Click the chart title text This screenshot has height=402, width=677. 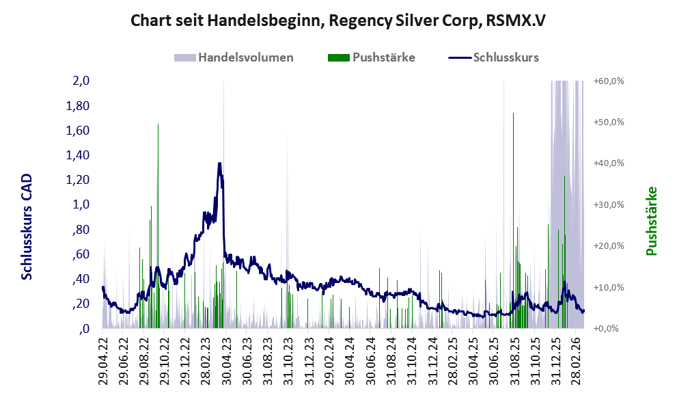pyautogui.click(x=338, y=20)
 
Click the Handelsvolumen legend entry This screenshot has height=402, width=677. pyautogui.click(x=234, y=57)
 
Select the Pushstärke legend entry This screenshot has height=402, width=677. pyautogui.click(x=372, y=57)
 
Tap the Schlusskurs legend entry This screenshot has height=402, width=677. pyautogui.click(x=493, y=57)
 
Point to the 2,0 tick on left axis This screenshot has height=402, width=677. pyautogui.click(x=81, y=81)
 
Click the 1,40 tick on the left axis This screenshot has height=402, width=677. pyautogui.click(x=77, y=155)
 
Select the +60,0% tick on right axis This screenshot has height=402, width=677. pyautogui.click(x=609, y=81)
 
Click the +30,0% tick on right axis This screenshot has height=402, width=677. pyautogui.click(x=609, y=204)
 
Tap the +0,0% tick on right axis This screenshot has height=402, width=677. pyautogui.click(x=606, y=329)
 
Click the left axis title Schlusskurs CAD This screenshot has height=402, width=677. pyautogui.click(x=27, y=226)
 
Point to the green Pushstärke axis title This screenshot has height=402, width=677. pyautogui.click(x=652, y=221)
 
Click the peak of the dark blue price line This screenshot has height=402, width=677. pyautogui.click(x=220, y=163)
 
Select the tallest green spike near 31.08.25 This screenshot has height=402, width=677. pyautogui.click(x=513, y=220)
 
